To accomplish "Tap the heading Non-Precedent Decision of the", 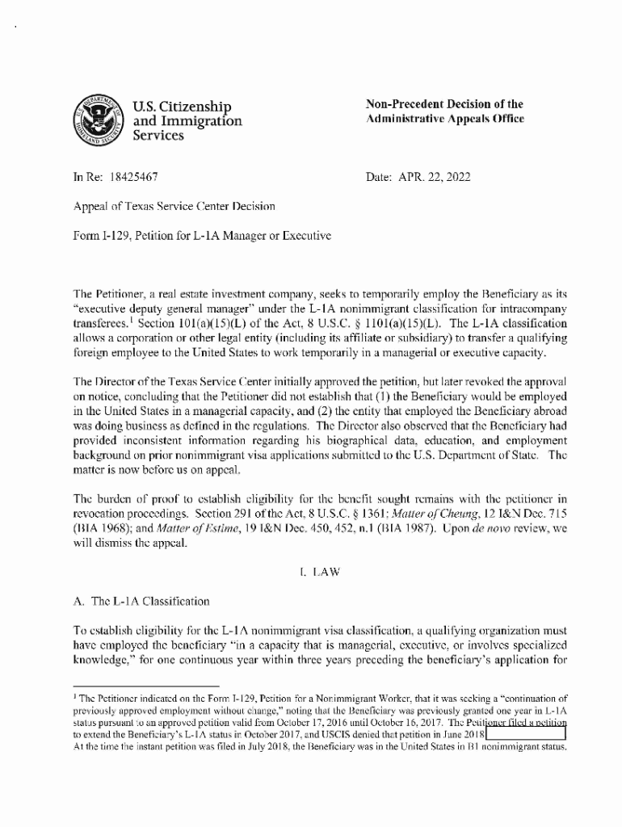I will pos(444,104).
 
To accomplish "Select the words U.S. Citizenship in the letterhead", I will pos(181,107).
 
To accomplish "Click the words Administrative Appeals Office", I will pos(445,119).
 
